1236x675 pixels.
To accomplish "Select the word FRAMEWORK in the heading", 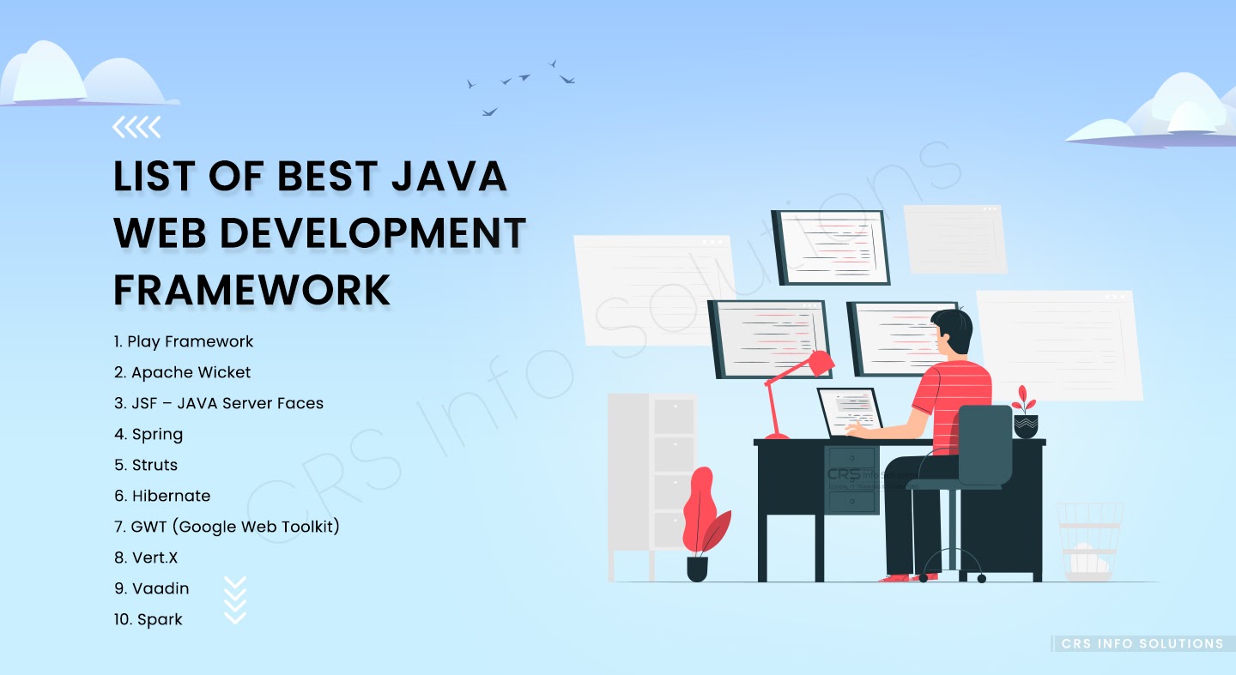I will [251, 290].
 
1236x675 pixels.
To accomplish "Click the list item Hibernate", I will [171, 496].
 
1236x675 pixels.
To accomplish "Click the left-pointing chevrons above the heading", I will [136, 128].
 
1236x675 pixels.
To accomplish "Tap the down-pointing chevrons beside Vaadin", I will [234, 600].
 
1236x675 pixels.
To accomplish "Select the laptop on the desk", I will [850, 413].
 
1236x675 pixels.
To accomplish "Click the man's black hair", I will [952, 330].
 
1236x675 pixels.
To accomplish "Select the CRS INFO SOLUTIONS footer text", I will [1142, 643].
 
